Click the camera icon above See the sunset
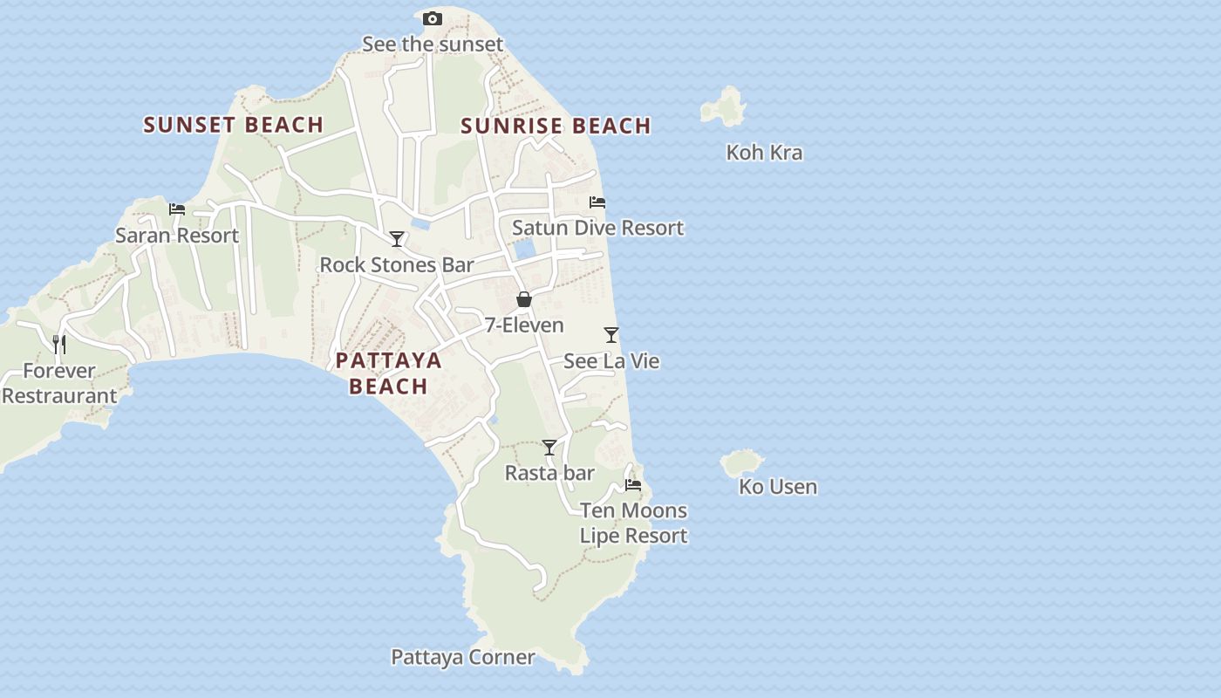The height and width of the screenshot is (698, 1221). (x=432, y=18)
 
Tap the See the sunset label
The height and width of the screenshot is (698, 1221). (x=433, y=44)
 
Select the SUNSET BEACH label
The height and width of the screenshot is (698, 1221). (x=234, y=125)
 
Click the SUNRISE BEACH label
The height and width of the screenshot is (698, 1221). (x=556, y=126)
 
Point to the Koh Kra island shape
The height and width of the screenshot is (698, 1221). (x=724, y=107)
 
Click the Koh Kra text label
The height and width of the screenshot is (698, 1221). (x=764, y=153)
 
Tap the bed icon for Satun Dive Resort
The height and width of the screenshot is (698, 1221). (x=597, y=202)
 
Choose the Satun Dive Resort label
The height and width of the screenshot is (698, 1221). (x=597, y=228)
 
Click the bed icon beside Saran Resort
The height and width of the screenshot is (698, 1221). (x=177, y=209)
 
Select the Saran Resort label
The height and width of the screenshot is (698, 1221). (x=177, y=235)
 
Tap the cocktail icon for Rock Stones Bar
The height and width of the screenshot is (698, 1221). (x=397, y=239)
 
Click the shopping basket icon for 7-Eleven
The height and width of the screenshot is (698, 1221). (x=524, y=300)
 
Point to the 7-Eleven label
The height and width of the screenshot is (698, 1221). (x=524, y=325)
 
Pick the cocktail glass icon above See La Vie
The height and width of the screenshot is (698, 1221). (x=611, y=335)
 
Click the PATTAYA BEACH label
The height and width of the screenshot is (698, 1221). (x=388, y=373)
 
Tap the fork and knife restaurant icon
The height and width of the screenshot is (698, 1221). (x=58, y=345)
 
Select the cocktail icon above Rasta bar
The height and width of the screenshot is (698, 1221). (x=549, y=448)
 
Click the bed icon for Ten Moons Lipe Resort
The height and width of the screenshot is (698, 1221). (x=633, y=485)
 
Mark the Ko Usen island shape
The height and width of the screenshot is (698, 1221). (x=741, y=462)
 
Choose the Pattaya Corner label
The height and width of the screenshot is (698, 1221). (x=462, y=657)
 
